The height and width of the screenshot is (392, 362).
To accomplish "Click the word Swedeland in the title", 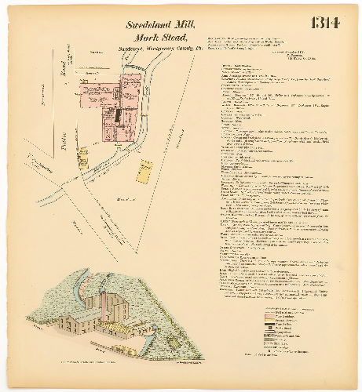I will [x=150, y=24].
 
